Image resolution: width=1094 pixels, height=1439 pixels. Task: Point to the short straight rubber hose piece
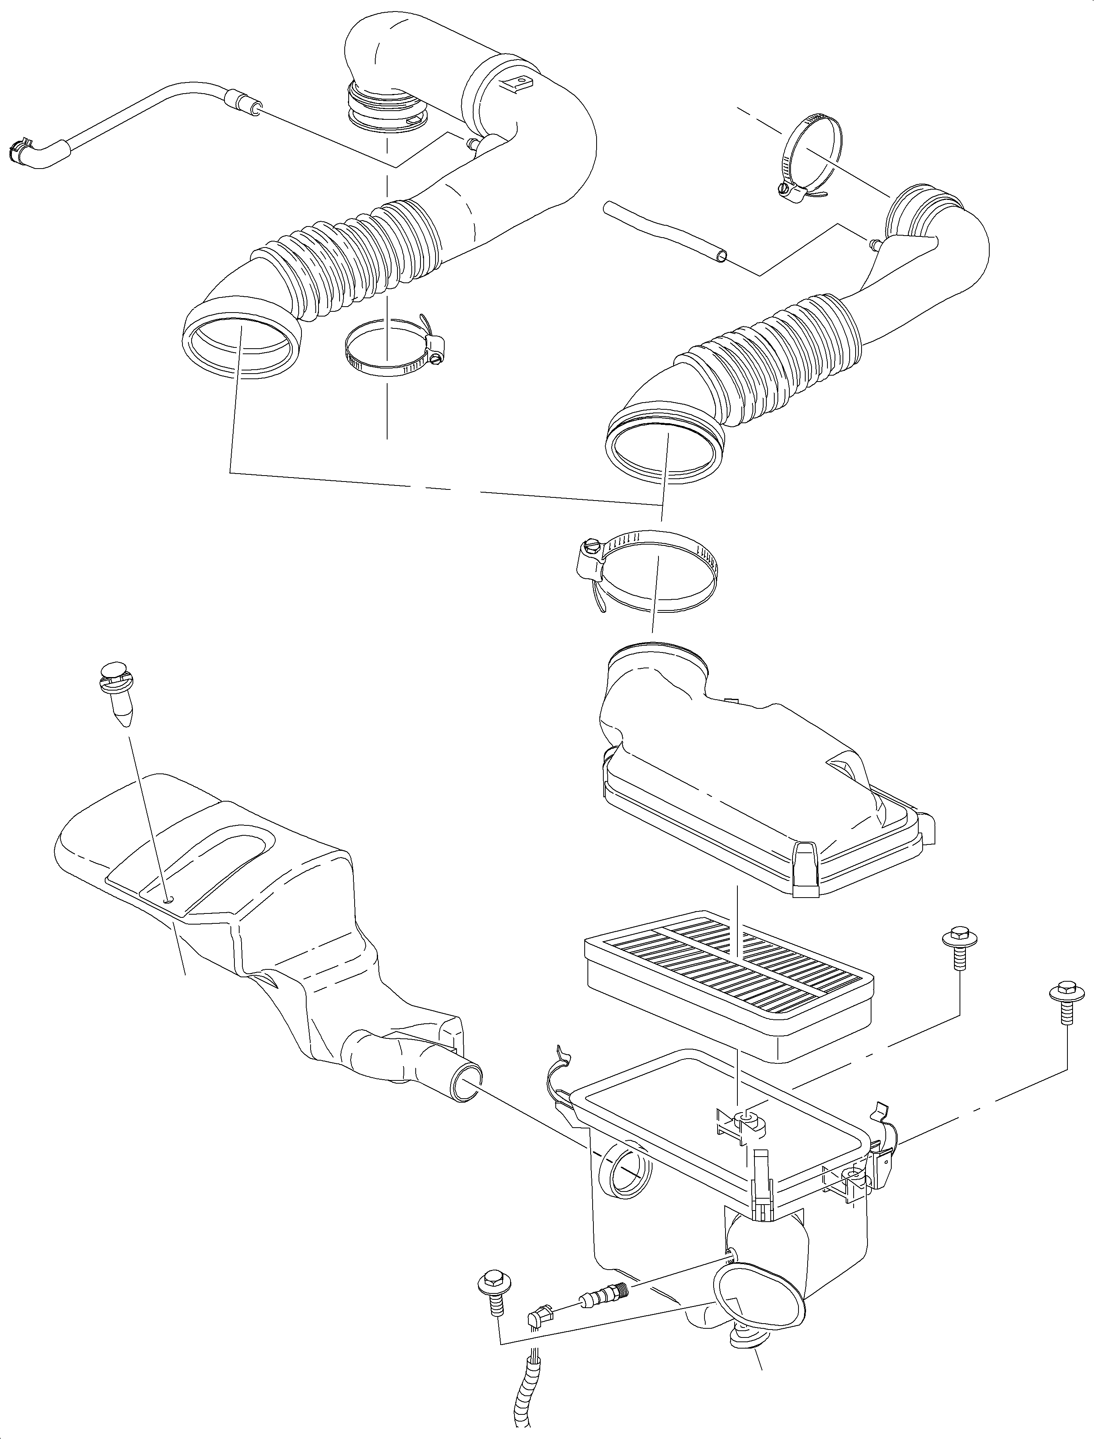click(664, 232)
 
